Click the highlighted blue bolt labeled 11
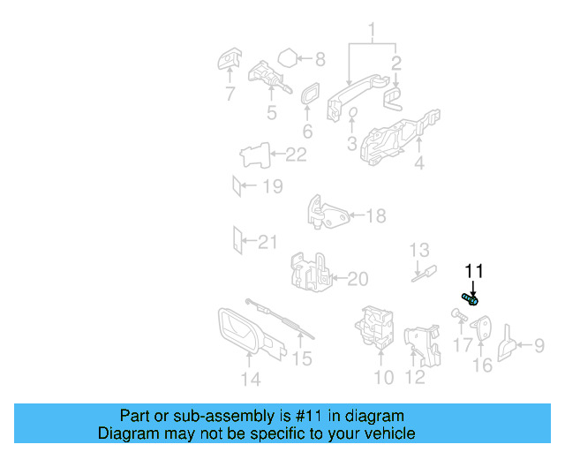470,300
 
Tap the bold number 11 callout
475,271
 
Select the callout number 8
320,60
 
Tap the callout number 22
296,155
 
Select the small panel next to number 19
236,186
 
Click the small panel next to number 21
236,239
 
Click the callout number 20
357,280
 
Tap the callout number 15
302,358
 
